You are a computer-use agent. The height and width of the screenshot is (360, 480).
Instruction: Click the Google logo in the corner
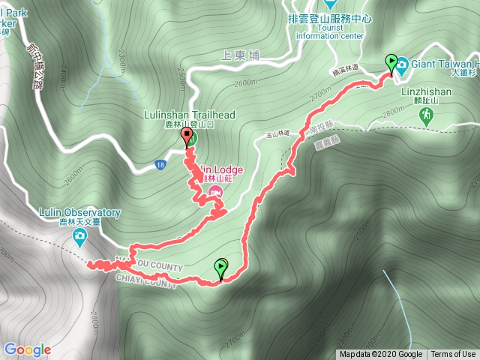27,349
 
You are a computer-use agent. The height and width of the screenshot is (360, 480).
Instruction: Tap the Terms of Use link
453,355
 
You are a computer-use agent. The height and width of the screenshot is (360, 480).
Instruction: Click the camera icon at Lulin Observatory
79,238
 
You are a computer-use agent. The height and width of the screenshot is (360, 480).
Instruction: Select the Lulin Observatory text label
79,213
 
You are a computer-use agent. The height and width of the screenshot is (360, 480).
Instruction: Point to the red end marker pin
187,136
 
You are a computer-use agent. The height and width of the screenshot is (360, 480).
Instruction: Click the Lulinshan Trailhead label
190,115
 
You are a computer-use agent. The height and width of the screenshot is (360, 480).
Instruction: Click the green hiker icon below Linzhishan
427,115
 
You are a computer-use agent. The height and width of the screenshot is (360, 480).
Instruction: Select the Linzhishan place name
432,92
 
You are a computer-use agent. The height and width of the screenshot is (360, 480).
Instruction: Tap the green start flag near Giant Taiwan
391,62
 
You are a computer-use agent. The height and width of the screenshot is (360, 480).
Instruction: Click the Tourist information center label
330,31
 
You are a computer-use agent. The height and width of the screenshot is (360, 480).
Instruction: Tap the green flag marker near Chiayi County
221,266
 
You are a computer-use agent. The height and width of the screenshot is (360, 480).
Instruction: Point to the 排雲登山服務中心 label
330,18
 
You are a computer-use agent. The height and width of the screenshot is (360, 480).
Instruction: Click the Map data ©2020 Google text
380,355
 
